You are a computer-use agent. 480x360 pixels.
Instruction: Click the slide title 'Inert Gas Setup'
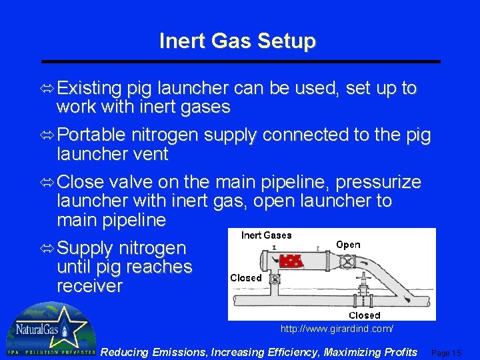click(237, 41)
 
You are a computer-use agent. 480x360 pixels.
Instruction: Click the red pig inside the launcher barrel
click(291, 260)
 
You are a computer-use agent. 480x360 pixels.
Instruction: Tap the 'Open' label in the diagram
click(348, 245)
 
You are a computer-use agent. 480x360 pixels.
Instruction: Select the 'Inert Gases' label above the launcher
click(267, 235)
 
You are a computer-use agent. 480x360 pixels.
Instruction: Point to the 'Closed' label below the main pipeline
click(364, 315)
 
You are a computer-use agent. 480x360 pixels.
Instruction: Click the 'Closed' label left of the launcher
click(246, 278)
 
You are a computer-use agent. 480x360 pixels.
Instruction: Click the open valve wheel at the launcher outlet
click(346, 261)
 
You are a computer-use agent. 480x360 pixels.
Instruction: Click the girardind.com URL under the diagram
click(337, 329)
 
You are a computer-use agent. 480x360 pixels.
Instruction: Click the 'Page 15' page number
click(447, 353)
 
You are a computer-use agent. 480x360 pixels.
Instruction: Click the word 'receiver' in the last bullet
click(90, 287)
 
